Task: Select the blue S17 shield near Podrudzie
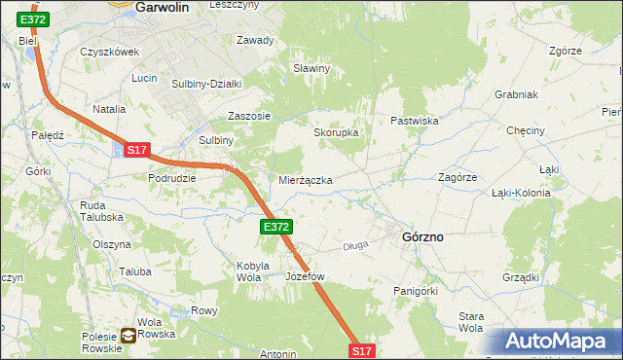coord(136,150)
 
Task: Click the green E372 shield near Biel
coord(32,19)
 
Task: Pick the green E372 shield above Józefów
coord(275,227)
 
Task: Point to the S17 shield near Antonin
coord(361,350)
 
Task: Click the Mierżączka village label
coord(306,181)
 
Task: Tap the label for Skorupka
coord(336,132)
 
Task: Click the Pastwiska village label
coord(416,121)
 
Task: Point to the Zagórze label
coord(457,178)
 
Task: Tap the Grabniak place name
coord(517,95)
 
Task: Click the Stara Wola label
coord(471,322)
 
